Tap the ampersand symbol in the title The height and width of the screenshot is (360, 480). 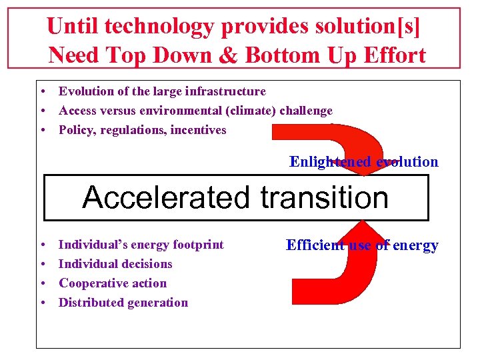click(229, 55)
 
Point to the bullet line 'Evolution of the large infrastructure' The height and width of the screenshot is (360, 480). click(162, 91)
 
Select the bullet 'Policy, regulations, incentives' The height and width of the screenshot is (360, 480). click(142, 130)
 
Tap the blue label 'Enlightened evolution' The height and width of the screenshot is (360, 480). click(363, 162)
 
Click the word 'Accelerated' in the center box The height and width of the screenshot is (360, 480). click(167, 197)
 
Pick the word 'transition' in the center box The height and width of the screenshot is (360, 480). click(324, 197)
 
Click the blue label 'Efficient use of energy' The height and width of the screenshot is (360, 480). click(362, 245)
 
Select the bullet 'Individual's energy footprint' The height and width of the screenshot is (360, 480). click(141, 245)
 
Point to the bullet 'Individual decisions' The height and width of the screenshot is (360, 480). click(115, 264)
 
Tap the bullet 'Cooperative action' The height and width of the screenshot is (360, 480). click(113, 283)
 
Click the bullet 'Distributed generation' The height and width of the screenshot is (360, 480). click(123, 303)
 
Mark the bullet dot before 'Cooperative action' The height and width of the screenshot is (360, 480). click(42, 284)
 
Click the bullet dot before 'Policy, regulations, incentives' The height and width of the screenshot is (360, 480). click(42, 131)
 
